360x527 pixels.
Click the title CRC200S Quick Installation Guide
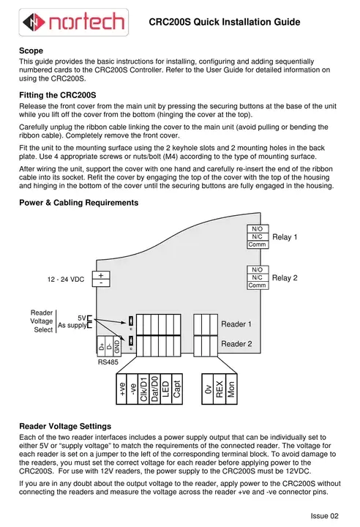click(225, 22)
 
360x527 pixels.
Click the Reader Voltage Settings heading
click(65, 425)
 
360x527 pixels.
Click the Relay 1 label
click(285, 237)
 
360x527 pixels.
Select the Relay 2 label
click(285, 277)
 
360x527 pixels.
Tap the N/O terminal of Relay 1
click(258, 229)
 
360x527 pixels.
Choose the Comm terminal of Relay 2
click(258, 285)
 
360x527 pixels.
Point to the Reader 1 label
click(236, 324)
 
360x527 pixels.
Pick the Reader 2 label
click(236, 343)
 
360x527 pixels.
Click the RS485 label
click(108, 362)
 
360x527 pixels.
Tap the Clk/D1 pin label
click(144, 387)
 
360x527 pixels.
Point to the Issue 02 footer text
click(325, 516)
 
